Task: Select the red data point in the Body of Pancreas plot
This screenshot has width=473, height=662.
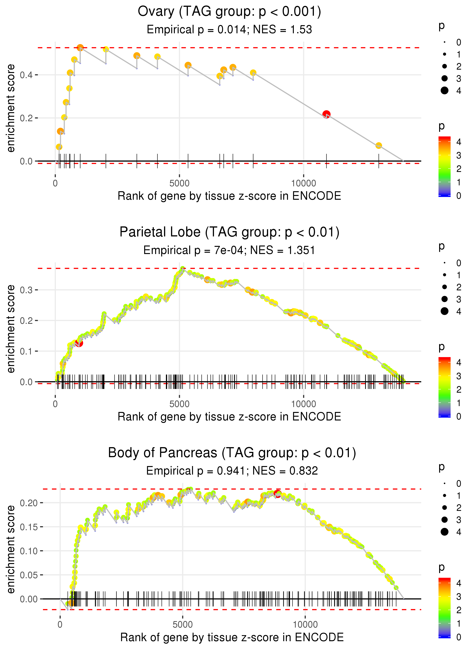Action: click(x=277, y=494)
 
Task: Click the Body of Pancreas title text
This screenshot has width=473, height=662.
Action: click(x=232, y=453)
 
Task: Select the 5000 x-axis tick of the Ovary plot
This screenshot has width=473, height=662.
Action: click(x=179, y=183)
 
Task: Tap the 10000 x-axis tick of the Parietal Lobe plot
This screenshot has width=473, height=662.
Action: click(x=303, y=404)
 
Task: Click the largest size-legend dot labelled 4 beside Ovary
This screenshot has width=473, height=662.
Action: click(x=444, y=91)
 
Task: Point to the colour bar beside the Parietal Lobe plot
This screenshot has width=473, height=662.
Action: click(x=444, y=387)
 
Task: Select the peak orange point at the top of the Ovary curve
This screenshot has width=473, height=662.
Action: click(x=80, y=48)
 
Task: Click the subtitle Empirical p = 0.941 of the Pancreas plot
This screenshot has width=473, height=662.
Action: click(x=232, y=471)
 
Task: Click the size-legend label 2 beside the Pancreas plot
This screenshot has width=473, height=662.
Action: click(x=459, y=508)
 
